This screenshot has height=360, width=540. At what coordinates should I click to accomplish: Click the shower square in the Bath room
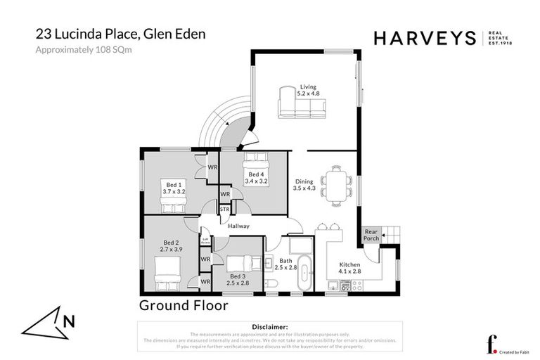[x=301, y=244]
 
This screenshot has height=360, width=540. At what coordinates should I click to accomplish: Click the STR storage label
[x=225, y=209]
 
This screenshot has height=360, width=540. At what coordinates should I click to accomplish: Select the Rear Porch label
[x=371, y=235]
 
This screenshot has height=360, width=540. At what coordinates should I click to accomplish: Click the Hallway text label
[x=239, y=226]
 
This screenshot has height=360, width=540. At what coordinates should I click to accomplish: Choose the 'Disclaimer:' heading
[x=269, y=327]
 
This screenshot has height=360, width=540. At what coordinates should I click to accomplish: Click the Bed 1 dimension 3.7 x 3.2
[x=173, y=191]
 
